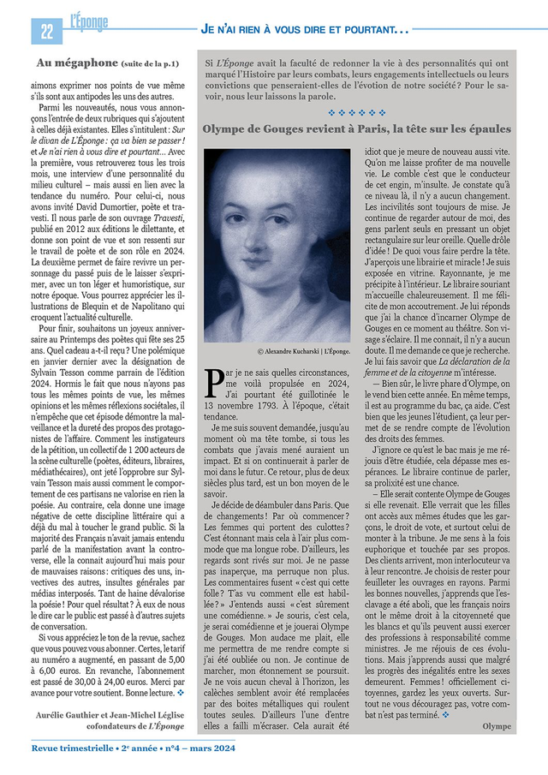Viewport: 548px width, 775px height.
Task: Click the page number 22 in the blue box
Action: point(44,32)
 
